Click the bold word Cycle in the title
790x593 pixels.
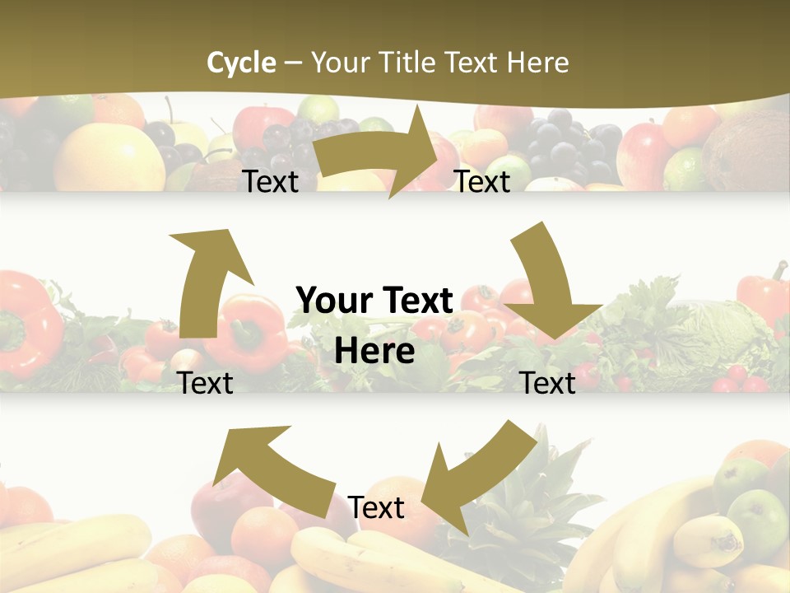(x=241, y=63)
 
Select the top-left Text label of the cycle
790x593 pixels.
(x=271, y=182)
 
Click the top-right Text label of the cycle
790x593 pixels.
(x=482, y=182)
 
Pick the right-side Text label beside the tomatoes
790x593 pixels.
(x=548, y=383)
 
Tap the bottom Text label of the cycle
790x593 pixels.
(x=376, y=508)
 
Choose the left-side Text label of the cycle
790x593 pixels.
(x=206, y=383)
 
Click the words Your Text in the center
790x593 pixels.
(x=374, y=301)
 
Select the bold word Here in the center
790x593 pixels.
(x=374, y=352)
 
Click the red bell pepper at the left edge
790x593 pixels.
(x=25, y=321)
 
